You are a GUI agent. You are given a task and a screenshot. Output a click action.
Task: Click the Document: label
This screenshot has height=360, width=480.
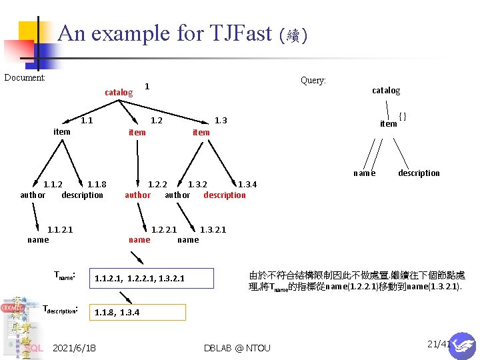pos(25,78)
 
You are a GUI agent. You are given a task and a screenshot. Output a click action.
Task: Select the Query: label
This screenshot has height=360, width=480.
pos(313,80)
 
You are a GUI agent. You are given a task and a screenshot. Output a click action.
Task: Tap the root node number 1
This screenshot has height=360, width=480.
pos(147,86)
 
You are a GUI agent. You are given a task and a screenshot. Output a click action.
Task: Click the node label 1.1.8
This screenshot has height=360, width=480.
pos(97,185)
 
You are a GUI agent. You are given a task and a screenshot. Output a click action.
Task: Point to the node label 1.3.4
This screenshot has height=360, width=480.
pos(247,185)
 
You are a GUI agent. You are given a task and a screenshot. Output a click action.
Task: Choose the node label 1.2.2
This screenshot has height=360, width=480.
pos(157,185)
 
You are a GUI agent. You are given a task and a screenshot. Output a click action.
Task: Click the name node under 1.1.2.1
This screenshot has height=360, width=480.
pos(38,239)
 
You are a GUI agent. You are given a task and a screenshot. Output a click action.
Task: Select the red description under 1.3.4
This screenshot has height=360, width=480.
pos(225,195)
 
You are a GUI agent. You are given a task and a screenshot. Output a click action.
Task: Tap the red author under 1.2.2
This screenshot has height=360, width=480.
pos(138,195)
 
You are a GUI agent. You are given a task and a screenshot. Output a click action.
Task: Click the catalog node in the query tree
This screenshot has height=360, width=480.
pos(386,90)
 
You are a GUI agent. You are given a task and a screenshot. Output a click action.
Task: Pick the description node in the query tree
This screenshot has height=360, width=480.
pos(419,173)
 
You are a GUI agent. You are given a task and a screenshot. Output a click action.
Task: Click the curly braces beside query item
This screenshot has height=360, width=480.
pos(403,117)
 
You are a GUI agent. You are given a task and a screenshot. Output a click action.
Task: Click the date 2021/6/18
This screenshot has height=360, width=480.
pos(74,348)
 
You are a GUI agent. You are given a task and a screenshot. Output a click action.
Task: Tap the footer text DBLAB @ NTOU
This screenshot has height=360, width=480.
pos(237,348)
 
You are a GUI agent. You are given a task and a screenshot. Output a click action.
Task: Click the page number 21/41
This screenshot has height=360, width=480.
pos(439,344)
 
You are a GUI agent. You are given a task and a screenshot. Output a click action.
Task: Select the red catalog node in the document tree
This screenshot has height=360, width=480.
pos(119,92)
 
